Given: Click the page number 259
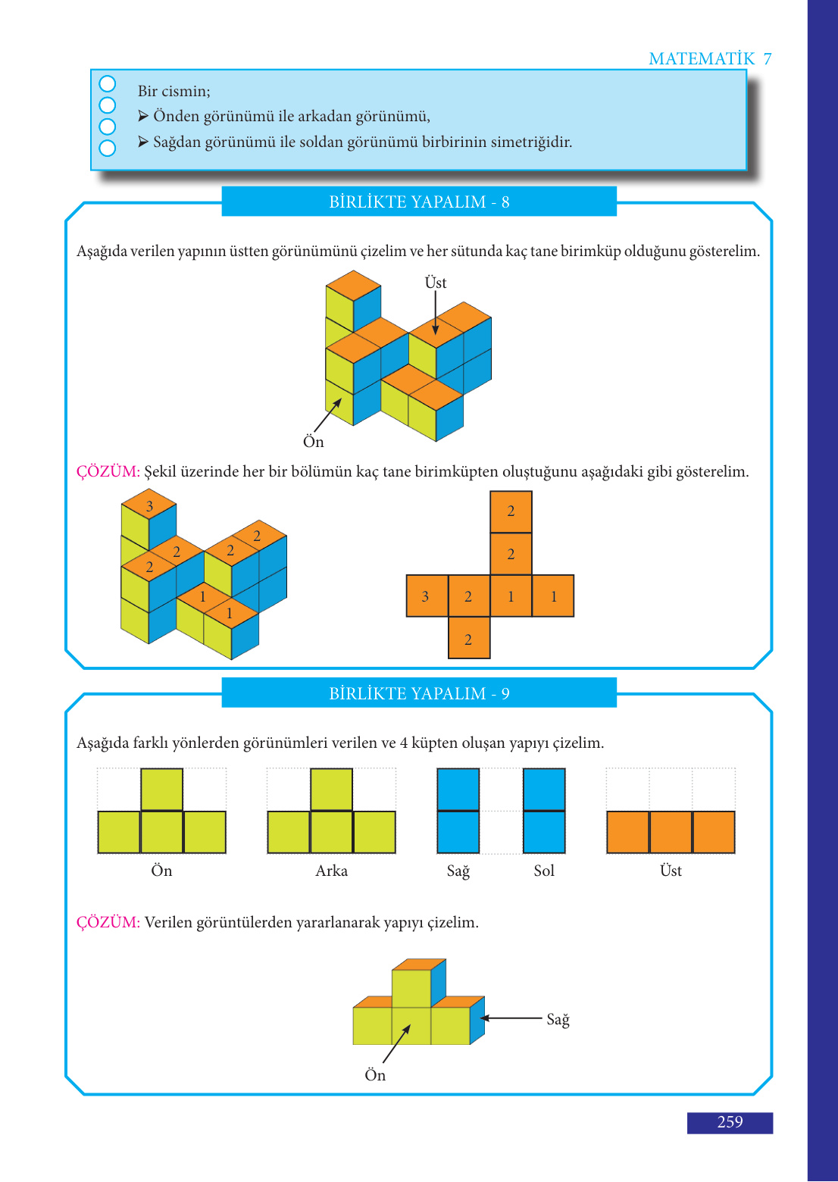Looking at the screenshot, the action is click(x=730, y=1121).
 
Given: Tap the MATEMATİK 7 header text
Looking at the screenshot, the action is click(x=710, y=58).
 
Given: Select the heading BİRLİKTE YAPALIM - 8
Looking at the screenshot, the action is click(x=419, y=202).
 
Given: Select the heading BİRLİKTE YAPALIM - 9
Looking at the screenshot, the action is click(x=419, y=693).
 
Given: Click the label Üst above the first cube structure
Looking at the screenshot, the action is click(x=436, y=283).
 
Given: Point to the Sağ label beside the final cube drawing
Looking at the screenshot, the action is click(x=558, y=1019).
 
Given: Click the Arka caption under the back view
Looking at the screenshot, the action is click(x=331, y=870).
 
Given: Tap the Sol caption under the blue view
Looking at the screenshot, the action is click(x=544, y=870).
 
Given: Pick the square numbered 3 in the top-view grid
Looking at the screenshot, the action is click(x=427, y=596).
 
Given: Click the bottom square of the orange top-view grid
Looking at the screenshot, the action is click(x=469, y=638).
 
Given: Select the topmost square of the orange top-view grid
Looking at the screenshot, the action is click(x=511, y=512).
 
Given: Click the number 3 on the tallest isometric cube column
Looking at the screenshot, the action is click(x=149, y=506).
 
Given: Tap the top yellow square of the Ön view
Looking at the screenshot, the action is click(x=162, y=790).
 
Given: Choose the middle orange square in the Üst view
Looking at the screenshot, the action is click(x=671, y=832).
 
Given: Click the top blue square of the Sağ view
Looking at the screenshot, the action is click(x=458, y=790).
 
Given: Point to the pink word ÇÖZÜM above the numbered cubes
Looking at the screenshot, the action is click(x=108, y=471).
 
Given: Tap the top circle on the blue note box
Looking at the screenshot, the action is click(x=107, y=84).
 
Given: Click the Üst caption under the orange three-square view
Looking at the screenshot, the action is click(x=671, y=870).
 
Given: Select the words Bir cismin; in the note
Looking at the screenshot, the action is click(x=174, y=91).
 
